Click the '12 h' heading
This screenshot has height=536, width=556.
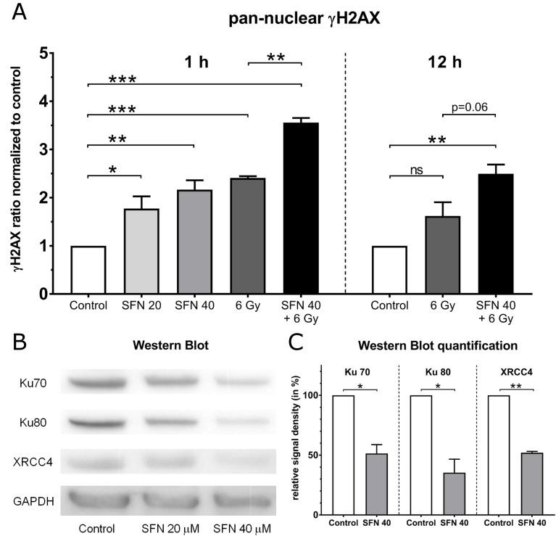point(444,62)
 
